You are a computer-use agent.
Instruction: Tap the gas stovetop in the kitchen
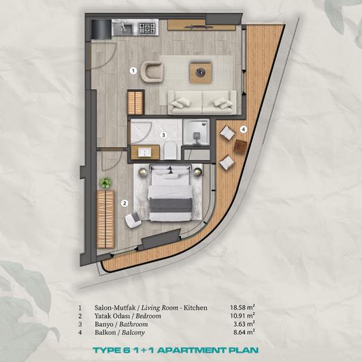point(147,28)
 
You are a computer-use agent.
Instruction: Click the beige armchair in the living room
point(153,71)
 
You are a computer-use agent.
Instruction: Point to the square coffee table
point(201,70)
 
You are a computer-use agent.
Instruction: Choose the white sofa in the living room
point(201,102)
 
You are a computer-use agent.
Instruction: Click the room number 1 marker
point(133,69)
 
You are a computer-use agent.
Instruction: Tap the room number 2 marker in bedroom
point(124,202)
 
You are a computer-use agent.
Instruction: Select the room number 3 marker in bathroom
point(163,135)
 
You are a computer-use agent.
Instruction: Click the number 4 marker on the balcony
point(243,129)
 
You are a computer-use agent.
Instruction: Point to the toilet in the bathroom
point(174,151)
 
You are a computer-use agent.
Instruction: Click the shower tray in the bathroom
point(197,132)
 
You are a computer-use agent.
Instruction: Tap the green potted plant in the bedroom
point(105,182)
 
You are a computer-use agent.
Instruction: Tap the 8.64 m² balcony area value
point(243,332)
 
